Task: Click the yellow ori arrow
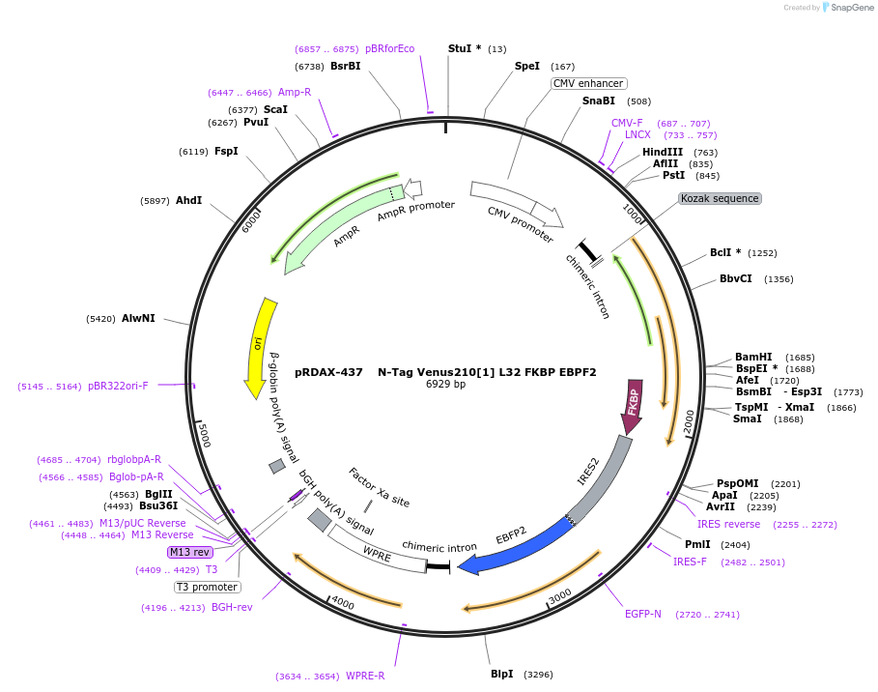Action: (x=259, y=346)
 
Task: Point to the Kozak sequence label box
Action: (x=720, y=198)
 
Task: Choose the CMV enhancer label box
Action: (x=588, y=84)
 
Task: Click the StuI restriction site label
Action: (x=464, y=48)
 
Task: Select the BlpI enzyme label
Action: (x=501, y=674)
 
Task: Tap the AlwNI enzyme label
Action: (x=138, y=318)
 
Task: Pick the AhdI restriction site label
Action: (x=188, y=200)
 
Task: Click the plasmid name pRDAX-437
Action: (x=328, y=371)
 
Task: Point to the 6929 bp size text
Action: (x=445, y=384)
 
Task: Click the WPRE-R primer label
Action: (x=365, y=676)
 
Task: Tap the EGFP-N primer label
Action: (x=642, y=614)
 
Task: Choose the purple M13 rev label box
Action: (x=189, y=552)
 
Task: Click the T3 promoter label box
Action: (x=207, y=587)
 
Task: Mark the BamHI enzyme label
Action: (x=753, y=357)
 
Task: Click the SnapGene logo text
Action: (x=852, y=8)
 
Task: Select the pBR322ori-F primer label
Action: (x=119, y=386)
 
